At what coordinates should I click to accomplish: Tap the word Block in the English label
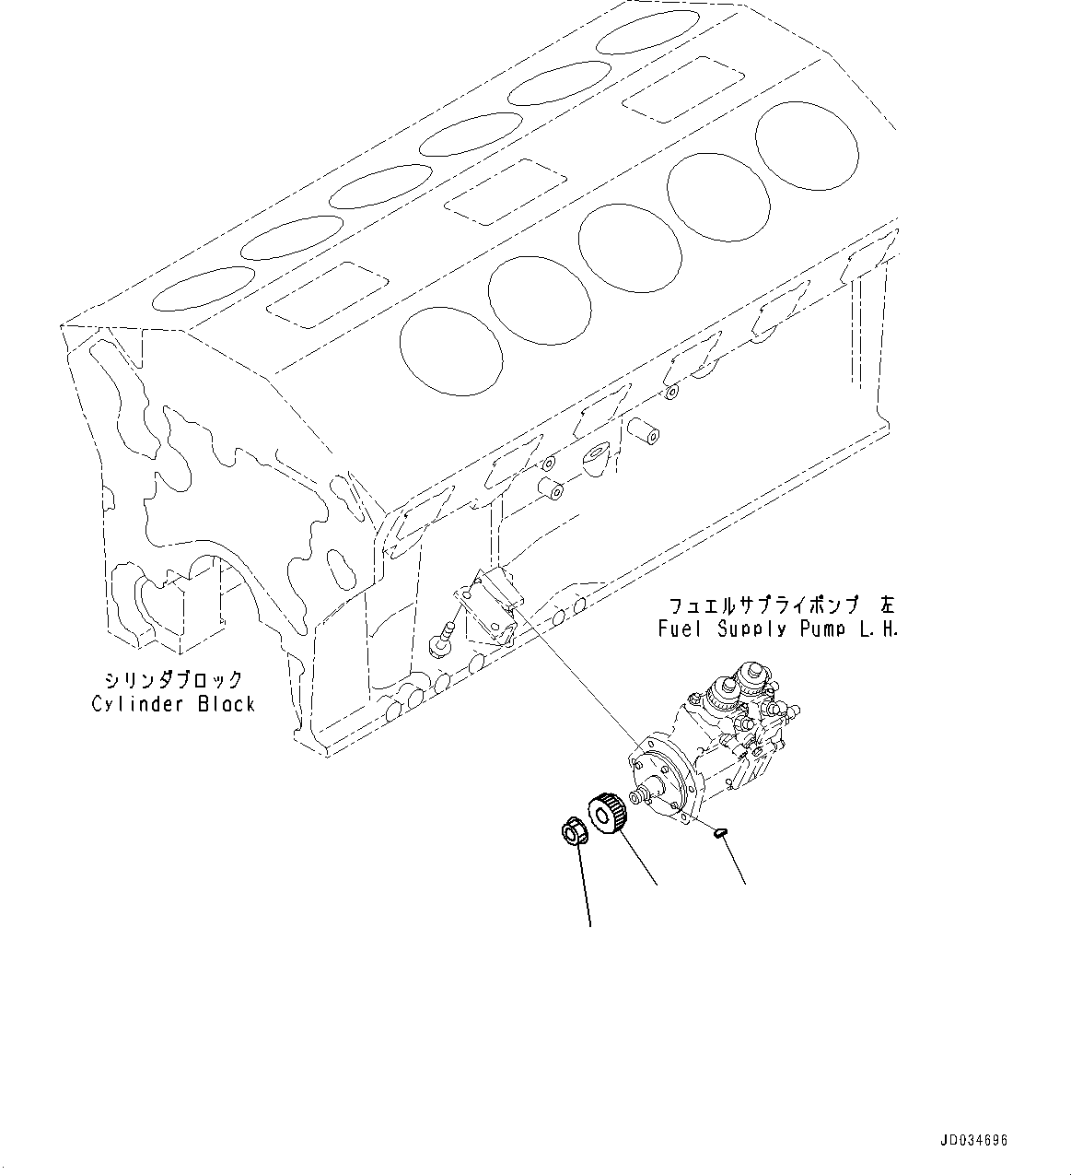(226, 705)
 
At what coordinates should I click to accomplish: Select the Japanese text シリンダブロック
(173, 680)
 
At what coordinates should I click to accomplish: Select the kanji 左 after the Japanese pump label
(886, 605)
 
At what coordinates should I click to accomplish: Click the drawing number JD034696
(974, 1141)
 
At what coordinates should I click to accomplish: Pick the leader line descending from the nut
(585, 885)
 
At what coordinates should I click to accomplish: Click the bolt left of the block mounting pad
(441, 638)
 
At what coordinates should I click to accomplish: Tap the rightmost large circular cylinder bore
(807, 146)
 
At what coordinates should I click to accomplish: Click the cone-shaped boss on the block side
(596, 456)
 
